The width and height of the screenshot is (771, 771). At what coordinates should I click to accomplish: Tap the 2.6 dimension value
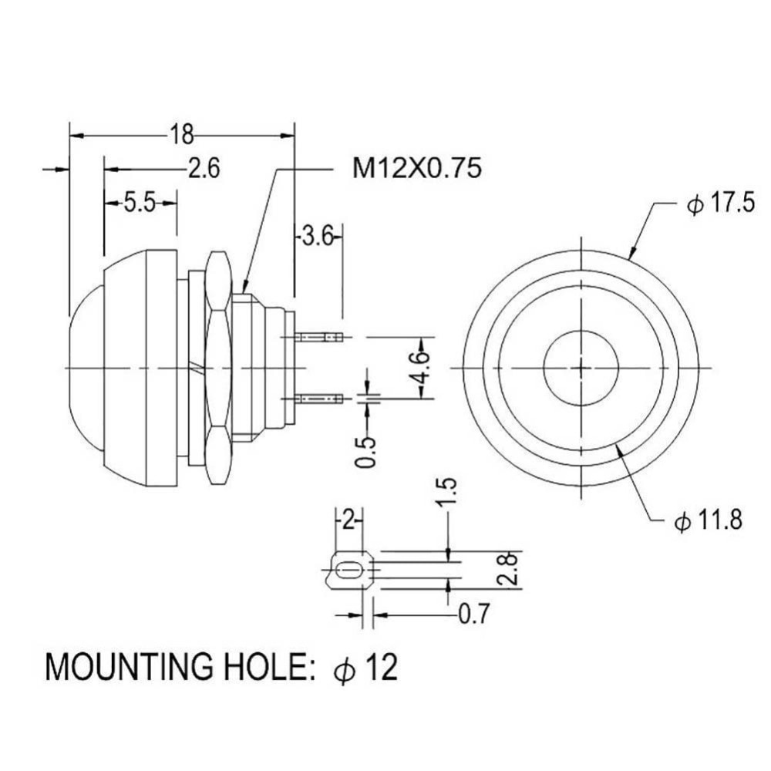click(204, 169)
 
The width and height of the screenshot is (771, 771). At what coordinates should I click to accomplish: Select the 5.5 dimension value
click(140, 203)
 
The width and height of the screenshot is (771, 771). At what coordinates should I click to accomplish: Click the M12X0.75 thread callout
click(417, 168)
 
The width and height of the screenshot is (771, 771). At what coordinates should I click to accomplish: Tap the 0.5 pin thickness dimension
click(365, 453)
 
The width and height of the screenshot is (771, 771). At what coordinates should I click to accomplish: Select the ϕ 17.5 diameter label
click(720, 203)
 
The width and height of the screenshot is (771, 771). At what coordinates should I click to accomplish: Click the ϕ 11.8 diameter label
click(708, 520)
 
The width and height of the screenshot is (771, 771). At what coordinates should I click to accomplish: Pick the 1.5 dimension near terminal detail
click(449, 493)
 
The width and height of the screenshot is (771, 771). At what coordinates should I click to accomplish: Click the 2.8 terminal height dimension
click(507, 569)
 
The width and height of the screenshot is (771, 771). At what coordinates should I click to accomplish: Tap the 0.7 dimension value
click(474, 614)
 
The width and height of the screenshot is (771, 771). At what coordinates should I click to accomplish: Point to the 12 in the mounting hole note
click(381, 667)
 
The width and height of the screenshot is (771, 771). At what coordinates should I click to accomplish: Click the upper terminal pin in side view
click(318, 338)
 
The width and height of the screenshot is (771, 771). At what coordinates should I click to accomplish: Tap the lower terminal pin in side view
click(318, 397)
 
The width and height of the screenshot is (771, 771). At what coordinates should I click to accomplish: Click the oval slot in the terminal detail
click(348, 571)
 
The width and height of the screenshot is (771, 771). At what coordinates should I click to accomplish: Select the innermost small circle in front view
click(581, 368)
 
